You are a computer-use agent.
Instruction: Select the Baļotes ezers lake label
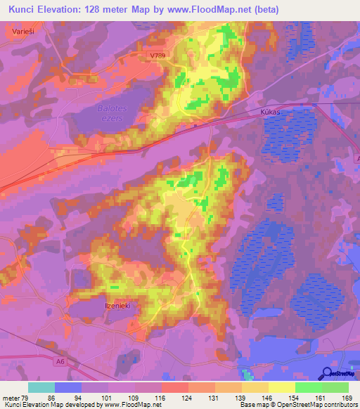pyautogui.click(x=109, y=113)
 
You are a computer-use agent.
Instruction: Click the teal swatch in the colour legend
pyautogui.click(x=41, y=387)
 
